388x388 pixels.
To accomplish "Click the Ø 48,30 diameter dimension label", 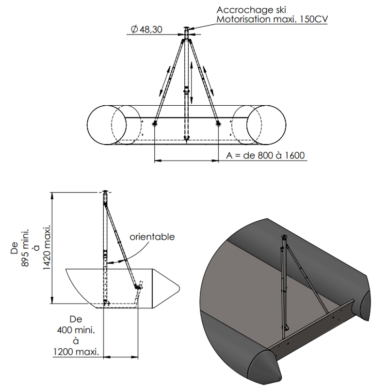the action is [x=146, y=30].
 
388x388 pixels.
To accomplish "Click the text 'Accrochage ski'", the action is [x=251, y=10].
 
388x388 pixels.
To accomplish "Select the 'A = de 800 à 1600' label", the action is [x=265, y=155].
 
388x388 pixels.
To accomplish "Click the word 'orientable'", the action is [x=152, y=237].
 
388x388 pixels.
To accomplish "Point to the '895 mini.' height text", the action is [x=25, y=248].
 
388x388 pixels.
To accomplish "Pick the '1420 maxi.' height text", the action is [x=47, y=247].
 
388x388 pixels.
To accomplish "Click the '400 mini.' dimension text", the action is [x=76, y=330].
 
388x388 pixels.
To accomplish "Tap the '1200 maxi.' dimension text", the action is [x=76, y=352].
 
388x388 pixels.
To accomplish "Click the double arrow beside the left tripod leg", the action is [x=165, y=81].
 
